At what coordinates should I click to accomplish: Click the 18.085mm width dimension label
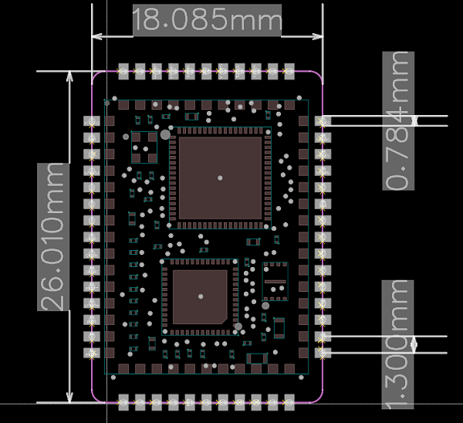click(x=207, y=20)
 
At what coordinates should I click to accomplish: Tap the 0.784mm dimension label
click(x=398, y=120)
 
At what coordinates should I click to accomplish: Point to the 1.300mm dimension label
click(x=398, y=344)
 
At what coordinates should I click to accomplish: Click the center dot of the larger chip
click(x=221, y=178)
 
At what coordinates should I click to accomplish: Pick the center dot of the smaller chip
click(x=200, y=296)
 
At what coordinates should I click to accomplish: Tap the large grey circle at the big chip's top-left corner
click(x=164, y=134)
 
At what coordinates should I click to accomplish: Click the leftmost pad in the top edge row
click(x=122, y=72)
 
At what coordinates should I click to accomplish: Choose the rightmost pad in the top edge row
click(x=289, y=72)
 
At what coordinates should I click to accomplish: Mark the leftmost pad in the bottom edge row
click(x=122, y=402)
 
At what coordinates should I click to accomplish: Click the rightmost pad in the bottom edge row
click(x=289, y=402)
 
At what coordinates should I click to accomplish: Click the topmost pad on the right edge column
click(x=323, y=122)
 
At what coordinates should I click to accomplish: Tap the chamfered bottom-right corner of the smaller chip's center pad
click(x=224, y=320)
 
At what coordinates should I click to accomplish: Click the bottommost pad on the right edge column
click(x=323, y=352)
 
